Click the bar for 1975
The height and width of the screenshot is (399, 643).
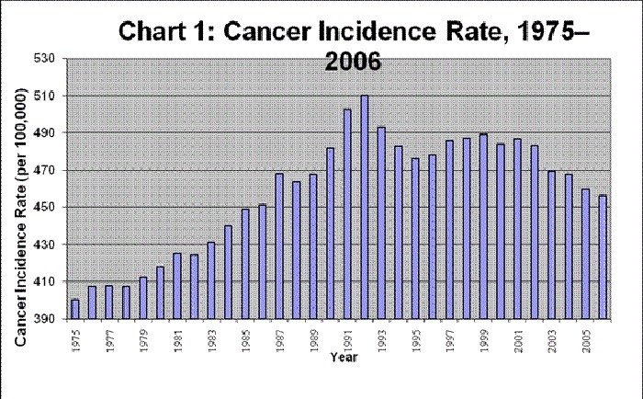click(75, 309)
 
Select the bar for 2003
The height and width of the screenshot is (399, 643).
click(551, 245)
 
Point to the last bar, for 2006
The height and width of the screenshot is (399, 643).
click(603, 256)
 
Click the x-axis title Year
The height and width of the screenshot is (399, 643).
click(344, 357)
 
